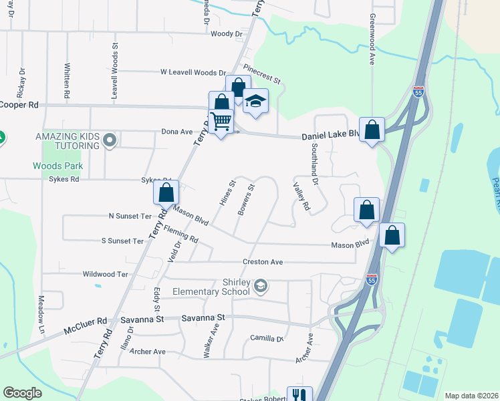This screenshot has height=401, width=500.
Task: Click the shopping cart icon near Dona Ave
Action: [221, 121]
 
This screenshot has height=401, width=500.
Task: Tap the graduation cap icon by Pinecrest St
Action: [255, 102]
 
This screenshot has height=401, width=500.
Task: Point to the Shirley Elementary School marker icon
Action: [261, 286]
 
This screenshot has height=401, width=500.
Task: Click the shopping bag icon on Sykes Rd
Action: [166, 193]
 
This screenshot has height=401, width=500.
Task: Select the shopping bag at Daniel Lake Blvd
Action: [371, 129]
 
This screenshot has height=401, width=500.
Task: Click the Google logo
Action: [22, 393]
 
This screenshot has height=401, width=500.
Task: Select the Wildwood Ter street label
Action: [105, 274]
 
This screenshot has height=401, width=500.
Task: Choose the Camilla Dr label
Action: [267, 339]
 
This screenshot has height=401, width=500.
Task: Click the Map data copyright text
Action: [471, 396]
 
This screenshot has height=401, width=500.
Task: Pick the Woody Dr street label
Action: [226, 33]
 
